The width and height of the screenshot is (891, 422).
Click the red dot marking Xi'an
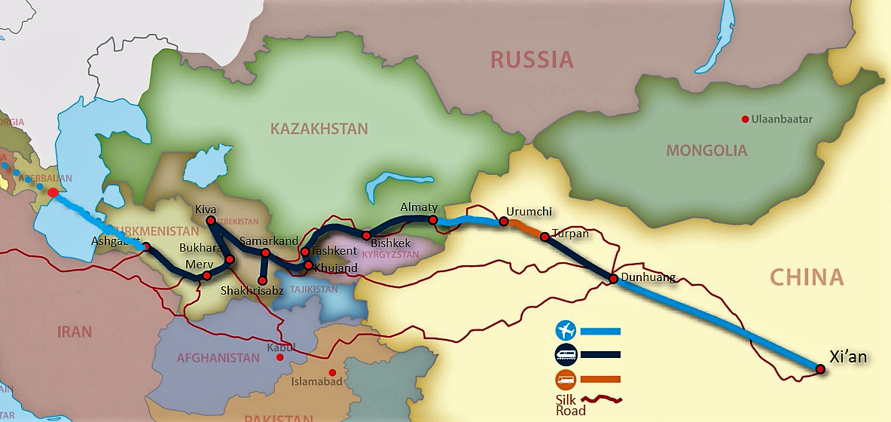click(820, 368)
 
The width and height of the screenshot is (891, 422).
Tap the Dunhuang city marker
click(614, 279)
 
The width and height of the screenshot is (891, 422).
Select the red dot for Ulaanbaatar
click(745, 119)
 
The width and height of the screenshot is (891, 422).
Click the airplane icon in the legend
click(565, 330)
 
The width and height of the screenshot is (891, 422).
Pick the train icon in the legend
click(565, 354)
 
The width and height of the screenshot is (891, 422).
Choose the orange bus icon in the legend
click(565, 378)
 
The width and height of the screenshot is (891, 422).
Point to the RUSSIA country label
click(532, 60)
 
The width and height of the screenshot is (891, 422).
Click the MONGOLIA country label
click(706, 151)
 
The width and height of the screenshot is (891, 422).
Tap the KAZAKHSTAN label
click(319, 129)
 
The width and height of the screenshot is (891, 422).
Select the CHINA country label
click(807, 277)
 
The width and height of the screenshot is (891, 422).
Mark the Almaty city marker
click(433, 219)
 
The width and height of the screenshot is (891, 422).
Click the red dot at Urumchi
click(503, 222)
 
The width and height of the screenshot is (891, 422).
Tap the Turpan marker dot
click(545, 237)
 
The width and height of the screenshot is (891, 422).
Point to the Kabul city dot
click(279, 357)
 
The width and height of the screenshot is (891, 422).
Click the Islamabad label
click(316, 382)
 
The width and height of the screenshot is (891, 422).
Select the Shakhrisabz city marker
click(262, 280)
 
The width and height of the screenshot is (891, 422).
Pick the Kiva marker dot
click(211, 220)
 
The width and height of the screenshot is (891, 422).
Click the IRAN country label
click(75, 332)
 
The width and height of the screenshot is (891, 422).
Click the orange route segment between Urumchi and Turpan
click(524, 229)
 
